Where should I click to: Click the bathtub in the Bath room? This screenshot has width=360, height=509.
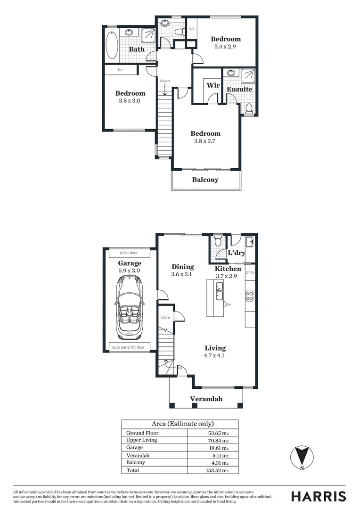[x=111, y=45]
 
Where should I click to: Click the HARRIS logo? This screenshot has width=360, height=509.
[x=318, y=496]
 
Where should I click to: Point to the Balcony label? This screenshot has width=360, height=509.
[x=205, y=180]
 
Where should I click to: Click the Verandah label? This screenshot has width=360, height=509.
[x=206, y=399]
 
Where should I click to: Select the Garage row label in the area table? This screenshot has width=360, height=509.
[x=134, y=447]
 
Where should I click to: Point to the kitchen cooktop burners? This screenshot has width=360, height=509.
[x=249, y=296]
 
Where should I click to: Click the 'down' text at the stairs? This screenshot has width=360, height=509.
[x=164, y=81]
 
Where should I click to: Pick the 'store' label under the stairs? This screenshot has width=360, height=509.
[x=165, y=317]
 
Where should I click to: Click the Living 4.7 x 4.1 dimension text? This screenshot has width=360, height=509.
[x=215, y=356]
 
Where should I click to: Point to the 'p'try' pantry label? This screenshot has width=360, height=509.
[x=250, y=272]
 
